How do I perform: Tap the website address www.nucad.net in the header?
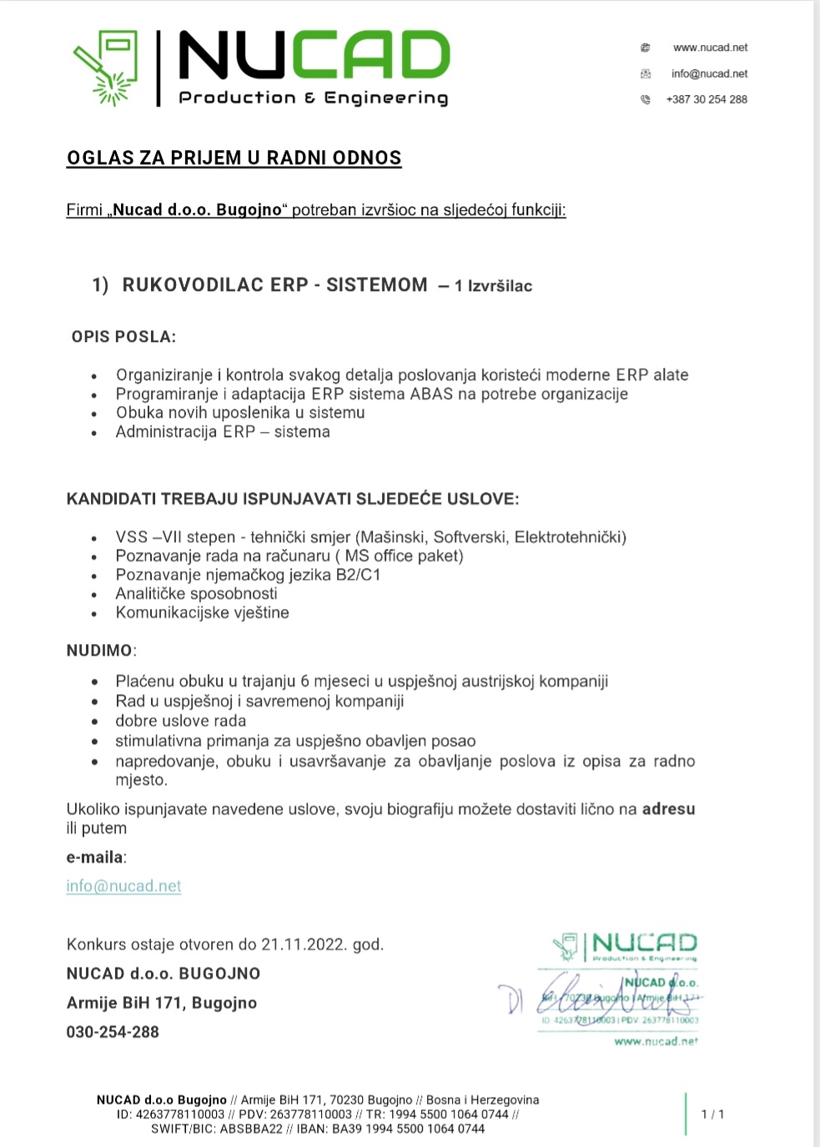710,48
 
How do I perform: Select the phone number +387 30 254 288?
706,99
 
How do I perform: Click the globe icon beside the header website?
645,48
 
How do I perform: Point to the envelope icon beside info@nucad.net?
645,73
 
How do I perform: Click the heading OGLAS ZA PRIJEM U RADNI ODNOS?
234,158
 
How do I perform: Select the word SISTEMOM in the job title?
376,285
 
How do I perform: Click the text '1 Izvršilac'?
493,286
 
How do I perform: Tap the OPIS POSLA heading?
123,337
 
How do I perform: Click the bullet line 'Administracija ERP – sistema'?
223,432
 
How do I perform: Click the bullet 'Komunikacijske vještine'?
203,612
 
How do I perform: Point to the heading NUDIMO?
99,650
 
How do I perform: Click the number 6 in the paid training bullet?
304,682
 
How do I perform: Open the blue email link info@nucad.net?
123,886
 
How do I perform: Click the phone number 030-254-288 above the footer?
113,1032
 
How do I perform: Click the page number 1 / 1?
712,1114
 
